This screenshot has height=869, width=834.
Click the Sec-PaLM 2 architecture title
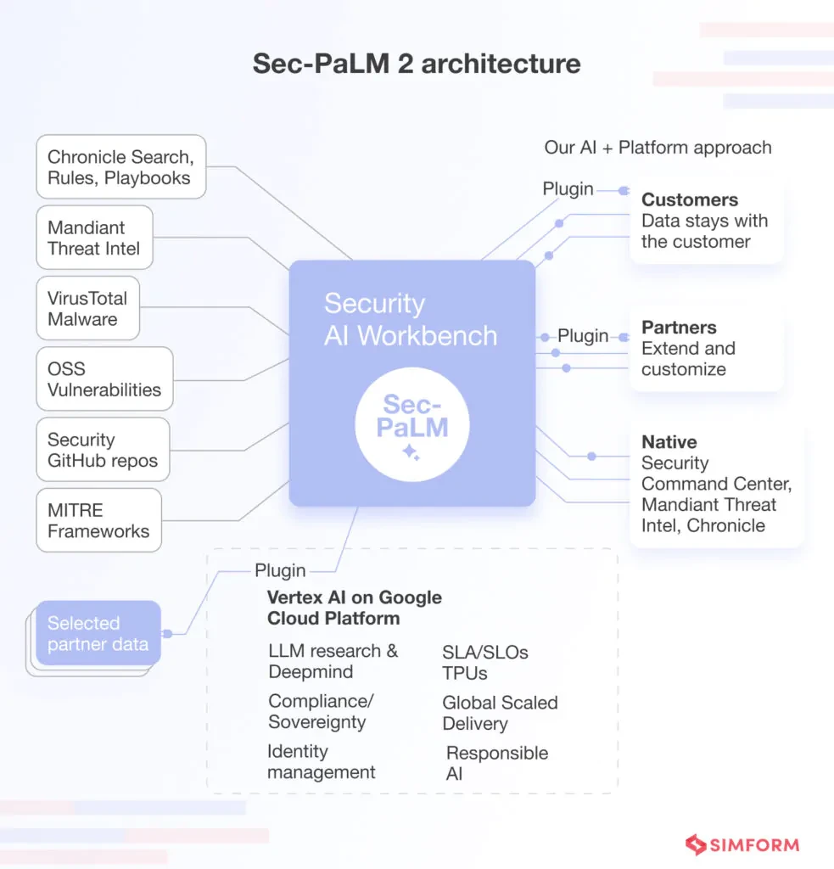[417, 63]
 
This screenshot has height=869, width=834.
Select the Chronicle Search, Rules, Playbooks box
[121, 167]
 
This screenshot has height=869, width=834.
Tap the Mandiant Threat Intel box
[95, 238]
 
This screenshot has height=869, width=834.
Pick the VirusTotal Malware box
[88, 308]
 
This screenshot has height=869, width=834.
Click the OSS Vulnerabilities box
[104, 378]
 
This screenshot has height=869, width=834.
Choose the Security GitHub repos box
[103, 450]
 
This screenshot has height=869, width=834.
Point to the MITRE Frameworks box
[99, 520]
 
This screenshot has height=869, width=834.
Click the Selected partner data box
[98, 633]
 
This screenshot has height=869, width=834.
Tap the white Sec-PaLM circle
[412, 424]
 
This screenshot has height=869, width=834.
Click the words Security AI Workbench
[411, 319]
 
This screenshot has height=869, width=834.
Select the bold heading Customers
[690, 199]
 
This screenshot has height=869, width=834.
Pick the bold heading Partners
[679, 328]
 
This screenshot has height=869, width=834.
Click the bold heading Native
[669, 441]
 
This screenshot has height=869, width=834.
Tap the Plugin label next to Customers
[568, 189]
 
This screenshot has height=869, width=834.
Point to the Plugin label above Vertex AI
[280, 570]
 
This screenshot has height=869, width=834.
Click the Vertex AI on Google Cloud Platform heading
[355, 608]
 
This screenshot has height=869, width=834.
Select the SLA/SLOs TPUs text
[485, 663]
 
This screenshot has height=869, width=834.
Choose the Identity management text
[322, 761]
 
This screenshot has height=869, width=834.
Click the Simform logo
[742, 844]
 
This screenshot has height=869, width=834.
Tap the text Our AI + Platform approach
[658, 148]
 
